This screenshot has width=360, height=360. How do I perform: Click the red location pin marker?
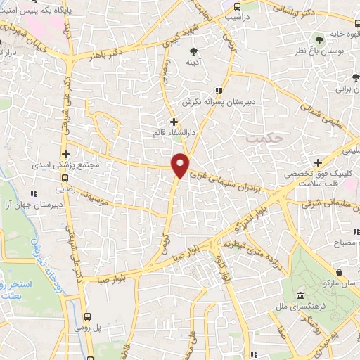point(181,165)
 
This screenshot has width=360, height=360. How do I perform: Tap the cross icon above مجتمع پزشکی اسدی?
point(65,154)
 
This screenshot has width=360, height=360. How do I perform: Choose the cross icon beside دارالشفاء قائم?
point(174,122)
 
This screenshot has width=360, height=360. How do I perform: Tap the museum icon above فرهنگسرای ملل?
point(301,294)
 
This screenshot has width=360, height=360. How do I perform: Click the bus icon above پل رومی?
point(89,316)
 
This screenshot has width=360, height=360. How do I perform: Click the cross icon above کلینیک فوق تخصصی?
point(319,162)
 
